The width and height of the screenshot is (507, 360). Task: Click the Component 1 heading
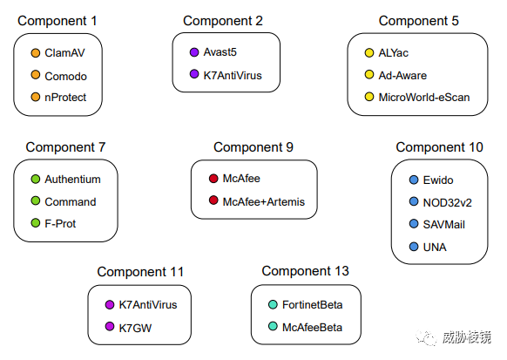pyautogui.click(x=57, y=21)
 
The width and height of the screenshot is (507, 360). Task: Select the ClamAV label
pyautogui.click(x=64, y=52)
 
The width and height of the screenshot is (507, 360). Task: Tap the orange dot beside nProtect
pyautogui.click(x=35, y=97)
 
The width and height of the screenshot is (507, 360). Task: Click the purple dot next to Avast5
pyautogui.click(x=194, y=52)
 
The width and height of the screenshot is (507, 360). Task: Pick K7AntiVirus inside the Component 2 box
pyautogui.click(x=233, y=75)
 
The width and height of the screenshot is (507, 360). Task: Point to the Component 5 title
pyautogui.click(x=419, y=21)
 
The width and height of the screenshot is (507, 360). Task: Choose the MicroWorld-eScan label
pyautogui.click(x=424, y=97)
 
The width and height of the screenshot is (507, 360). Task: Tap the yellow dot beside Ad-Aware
pyautogui.click(x=369, y=74)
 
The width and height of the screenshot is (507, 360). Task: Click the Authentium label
pyautogui.click(x=72, y=180)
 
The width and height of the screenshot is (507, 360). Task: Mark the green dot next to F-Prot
pyautogui.click(x=35, y=223)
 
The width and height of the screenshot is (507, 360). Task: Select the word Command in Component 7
pyautogui.click(x=71, y=202)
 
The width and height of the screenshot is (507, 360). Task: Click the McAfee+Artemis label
pyautogui.click(x=264, y=202)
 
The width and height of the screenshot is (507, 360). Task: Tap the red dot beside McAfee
pyautogui.click(x=213, y=178)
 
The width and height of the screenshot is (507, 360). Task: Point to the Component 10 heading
pyautogui.click(x=439, y=147)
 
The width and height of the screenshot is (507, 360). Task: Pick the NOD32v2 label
pyautogui.click(x=447, y=203)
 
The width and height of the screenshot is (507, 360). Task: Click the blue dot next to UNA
pyautogui.click(x=414, y=247)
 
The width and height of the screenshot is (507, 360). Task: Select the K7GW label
pyautogui.click(x=135, y=328)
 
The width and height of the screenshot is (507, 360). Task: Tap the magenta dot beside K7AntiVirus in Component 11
pyautogui.click(x=110, y=304)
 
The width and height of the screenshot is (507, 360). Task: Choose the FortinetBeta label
pyautogui.click(x=312, y=305)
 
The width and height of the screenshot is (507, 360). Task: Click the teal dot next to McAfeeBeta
pyautogui.click(x=273, y=326)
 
